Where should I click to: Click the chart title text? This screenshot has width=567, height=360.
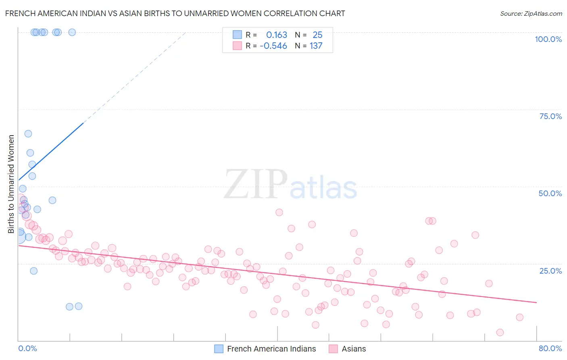click(175, 13)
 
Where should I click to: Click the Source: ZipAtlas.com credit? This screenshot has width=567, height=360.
click(531, 14)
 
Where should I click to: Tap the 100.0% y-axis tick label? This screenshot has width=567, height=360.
click(548, 39)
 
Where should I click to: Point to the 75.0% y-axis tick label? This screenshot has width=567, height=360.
click(550, 116)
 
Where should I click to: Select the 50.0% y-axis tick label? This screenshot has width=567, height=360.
click(550, 193)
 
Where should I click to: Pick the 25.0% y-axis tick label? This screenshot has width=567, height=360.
click(550, 271)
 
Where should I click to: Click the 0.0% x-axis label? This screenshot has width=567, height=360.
click(27, 348)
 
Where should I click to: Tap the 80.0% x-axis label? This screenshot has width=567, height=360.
click(550, 348)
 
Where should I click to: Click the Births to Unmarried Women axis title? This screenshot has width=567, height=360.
click(11, 184)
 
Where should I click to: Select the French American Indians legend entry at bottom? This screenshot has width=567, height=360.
click(271, 349)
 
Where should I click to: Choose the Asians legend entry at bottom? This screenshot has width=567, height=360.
click(353, 349)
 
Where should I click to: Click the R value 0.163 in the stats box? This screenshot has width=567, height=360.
click(277, 35)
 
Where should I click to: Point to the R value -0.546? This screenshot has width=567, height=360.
click(273, 46)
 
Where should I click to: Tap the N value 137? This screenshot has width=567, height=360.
click(316, 46)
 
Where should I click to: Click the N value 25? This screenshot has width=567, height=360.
click(317, 35)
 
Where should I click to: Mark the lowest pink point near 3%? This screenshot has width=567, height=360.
click(500, 333)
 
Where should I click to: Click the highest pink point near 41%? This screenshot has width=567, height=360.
click(279, 212)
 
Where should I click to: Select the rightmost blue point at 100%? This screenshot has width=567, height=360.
click(72, 32)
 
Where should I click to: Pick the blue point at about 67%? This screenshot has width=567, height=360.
click(28, 134)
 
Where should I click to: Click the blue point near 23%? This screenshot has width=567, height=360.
click(34, 271)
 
